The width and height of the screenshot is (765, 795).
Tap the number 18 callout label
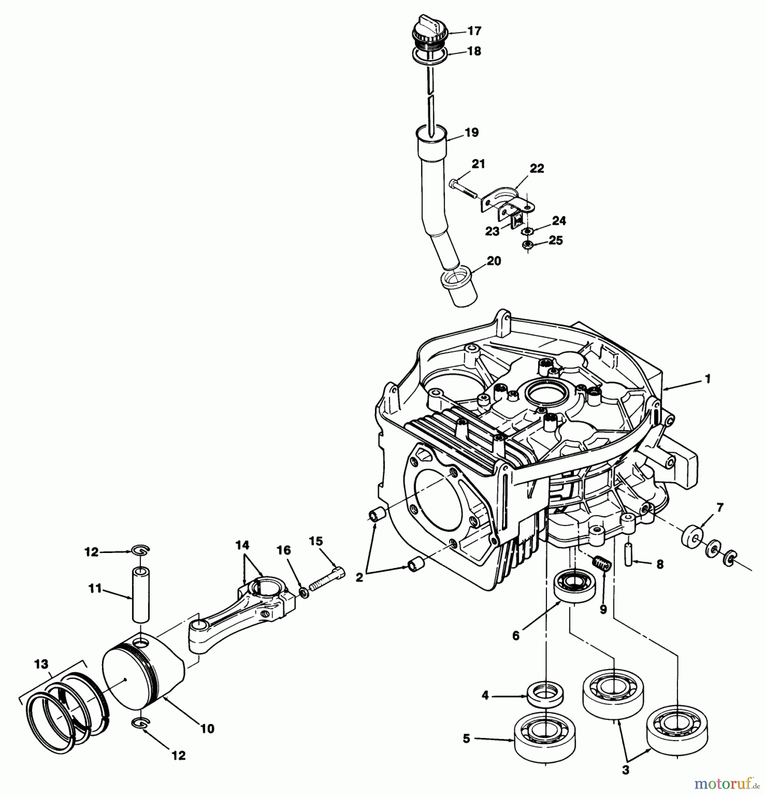474,51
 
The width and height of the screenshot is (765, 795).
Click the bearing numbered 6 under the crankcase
575,586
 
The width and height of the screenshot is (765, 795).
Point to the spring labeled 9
602,564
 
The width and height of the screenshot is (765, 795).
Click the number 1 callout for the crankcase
708,379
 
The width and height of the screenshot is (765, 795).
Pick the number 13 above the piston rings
41,664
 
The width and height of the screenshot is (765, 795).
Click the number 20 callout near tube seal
494,261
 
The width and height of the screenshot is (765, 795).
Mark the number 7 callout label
720,508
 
